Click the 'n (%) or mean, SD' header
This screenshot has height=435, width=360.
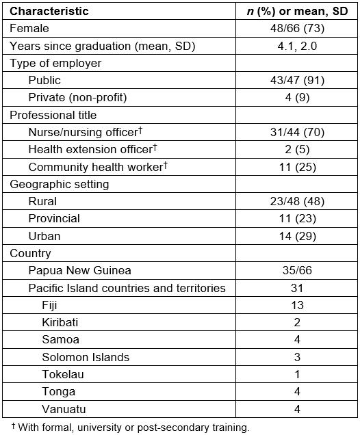click(298, 11)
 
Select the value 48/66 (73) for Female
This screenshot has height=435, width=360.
click(298, 28)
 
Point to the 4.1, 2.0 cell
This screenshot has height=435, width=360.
click(298, 46)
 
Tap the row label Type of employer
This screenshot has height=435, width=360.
click(55, 63)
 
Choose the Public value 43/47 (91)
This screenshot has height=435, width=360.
click(298, 80)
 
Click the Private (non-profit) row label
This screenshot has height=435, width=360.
click(77, 98)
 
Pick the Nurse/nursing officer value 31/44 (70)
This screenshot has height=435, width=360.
click(298, 132)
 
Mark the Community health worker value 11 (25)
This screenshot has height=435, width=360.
click(298, 167)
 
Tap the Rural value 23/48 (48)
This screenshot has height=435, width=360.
click(298, 202)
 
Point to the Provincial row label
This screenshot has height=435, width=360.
click(54, 219)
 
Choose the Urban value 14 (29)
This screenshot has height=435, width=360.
click(298, 236)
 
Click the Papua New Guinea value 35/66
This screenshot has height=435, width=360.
click(298, 271)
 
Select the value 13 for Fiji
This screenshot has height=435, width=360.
click(298, 306)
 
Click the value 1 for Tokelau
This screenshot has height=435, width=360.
click(298, 375)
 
